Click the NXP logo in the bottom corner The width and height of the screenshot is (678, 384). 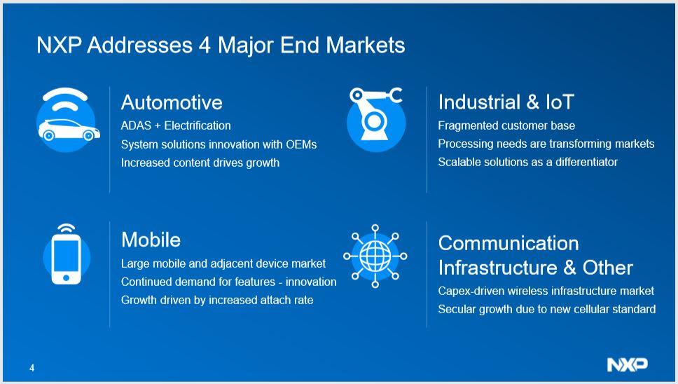pyautogui.click(x=627, y=364)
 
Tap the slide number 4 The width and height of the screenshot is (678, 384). pyautogui.click(x=32, y=368)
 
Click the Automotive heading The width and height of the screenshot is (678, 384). pyautogui.click(x=172, y=102)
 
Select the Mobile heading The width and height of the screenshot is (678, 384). pyautogui.click(x=151, y=240)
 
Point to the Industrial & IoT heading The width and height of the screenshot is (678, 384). pyautogui.click(x=506, y=102)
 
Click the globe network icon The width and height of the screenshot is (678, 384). pyautogui.click(x=375, y=256)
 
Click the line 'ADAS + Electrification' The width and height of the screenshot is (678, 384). pyautogui.click(x=176, y=125)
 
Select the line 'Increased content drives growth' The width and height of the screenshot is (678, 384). pyautogui.click(x=200, y=163)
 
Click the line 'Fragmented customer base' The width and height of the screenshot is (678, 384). pyautogui.click(x=506, y=125)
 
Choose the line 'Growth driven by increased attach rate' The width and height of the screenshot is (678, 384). pyautogui.click(x=217, y=300)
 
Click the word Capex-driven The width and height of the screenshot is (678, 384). pyautogui.click(x=469, y=291)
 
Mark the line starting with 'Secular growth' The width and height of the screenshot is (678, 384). pyautogui.click(x=546, y=309)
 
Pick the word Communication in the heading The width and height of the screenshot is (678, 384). pyautogui.click(x=509, y=243)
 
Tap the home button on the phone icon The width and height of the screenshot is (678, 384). pyautogui.click(x=67, y=277)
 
